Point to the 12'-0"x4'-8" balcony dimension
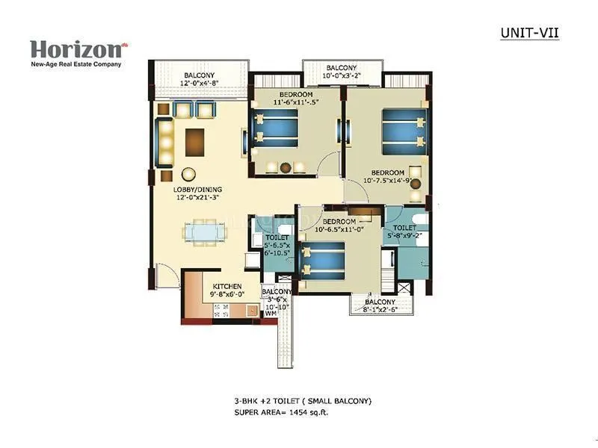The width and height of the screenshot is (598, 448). [200, 84]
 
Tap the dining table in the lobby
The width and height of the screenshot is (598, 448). [203, 234]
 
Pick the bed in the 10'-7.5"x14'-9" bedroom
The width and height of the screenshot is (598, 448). [401, 129]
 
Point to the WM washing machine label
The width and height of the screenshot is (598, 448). [270, 314]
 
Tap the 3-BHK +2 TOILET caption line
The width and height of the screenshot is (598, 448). [301, 402]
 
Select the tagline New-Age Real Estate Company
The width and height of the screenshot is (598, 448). [75, 64]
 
